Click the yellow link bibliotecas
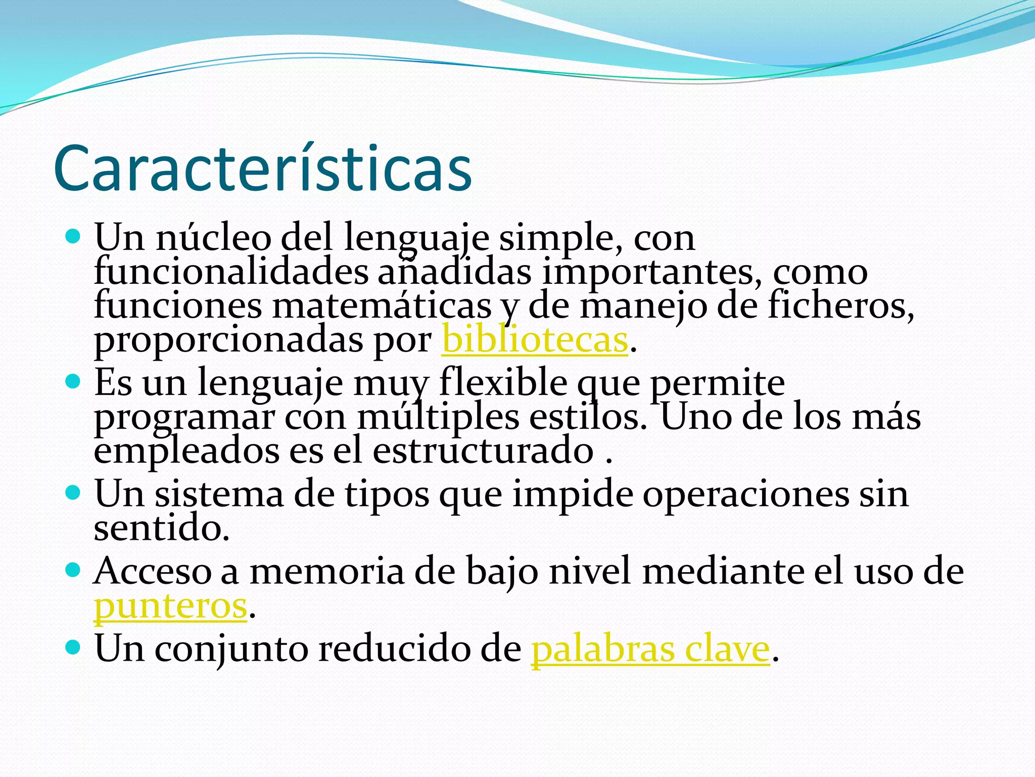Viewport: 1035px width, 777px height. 535,340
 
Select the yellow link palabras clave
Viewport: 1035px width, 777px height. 650,649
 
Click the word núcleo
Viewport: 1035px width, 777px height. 213,237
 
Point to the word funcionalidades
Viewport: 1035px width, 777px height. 231,272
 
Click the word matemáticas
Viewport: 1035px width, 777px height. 382,306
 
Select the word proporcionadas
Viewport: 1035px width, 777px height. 228,340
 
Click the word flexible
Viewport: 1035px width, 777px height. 503,382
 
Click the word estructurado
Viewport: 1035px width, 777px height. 483,451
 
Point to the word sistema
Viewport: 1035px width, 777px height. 219,494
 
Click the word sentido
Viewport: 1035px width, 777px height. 162,528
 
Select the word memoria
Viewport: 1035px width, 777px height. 327,572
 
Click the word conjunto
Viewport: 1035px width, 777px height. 231,649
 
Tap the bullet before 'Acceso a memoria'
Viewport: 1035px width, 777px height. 74,570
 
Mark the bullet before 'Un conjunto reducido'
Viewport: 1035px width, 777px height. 74,646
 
